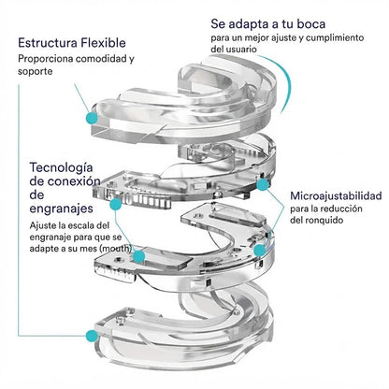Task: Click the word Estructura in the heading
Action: click(48, 43)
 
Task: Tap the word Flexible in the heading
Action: click(103, 43)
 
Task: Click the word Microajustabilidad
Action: click(336, 196)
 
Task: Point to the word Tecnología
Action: click(61, 168)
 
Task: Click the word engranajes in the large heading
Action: click(61, 209)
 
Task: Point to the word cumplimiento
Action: click(335, 38)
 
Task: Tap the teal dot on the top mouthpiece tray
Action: click(92, 118)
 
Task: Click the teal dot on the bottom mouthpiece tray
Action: click(92, 336)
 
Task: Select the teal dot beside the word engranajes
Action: click(116, 204)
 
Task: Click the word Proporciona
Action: click(46, 59)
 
